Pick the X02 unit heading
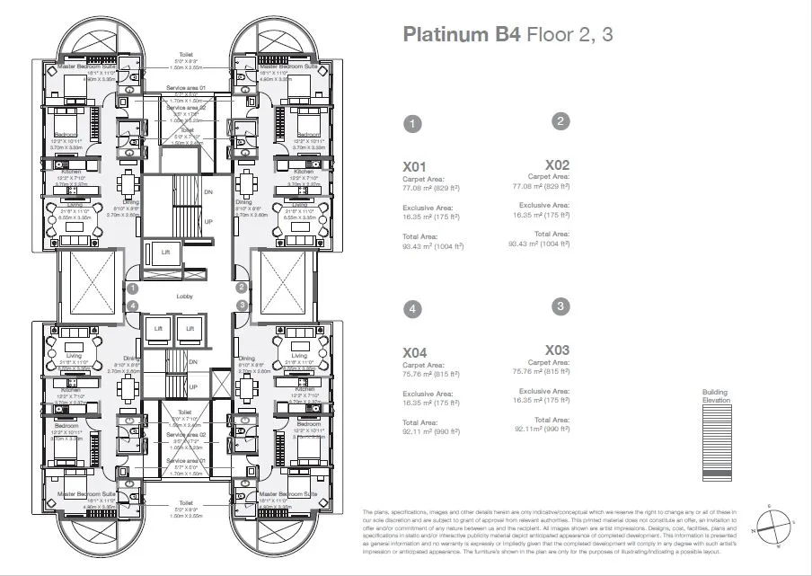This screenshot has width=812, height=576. point(557,164)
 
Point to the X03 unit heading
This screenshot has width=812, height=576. point(557,350)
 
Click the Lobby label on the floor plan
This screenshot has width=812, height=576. point(186,295)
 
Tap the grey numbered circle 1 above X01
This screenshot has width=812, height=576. point(411,125)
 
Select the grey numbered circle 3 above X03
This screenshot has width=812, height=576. point(560,306)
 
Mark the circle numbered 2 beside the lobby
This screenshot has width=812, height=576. point(242,288)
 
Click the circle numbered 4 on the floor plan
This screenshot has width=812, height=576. point(132,306)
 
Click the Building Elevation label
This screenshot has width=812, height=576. point(716,396)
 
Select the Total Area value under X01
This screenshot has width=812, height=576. point(433,245)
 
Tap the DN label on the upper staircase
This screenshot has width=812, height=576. point(208,192)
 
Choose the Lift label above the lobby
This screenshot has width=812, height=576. point(165,253)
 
